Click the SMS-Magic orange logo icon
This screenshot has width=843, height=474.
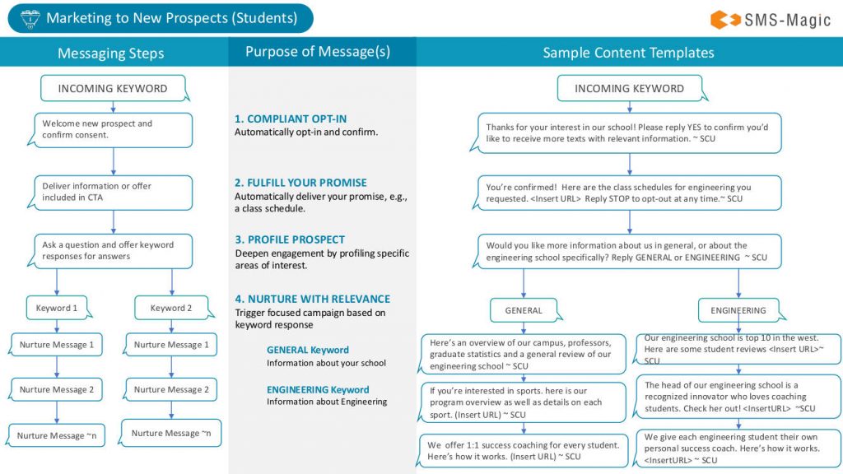[x=723, y=19]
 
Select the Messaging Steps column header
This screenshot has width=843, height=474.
[x=110, y=53]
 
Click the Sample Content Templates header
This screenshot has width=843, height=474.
[x=628, y=53]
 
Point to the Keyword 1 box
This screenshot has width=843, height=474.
[x=57, y=308]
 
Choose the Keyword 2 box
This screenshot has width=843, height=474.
[x=171, y=308]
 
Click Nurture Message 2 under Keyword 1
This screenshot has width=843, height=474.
[x=57, y=389]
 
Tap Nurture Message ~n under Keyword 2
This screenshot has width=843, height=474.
[x=171, y=433]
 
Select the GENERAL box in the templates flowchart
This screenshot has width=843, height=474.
[x=524, y=310]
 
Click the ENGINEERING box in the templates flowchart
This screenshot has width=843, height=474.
[x=738, y=310]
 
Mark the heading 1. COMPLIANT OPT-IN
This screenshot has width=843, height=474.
[x=291, y=119]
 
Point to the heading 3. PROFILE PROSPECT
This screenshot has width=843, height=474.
[x=290, y=239]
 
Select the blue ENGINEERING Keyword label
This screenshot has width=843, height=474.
[x=318, y=389]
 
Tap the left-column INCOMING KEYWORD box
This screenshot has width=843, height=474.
[x=113, y=88]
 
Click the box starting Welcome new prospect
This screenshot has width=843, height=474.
[x=113, y=129]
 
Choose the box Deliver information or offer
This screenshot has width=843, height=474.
[x=113, y=192]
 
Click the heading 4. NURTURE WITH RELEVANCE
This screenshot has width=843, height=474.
[x=312, y=299]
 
